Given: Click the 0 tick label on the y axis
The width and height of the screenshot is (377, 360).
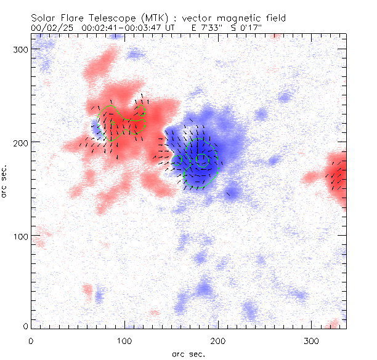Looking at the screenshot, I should point(24,325).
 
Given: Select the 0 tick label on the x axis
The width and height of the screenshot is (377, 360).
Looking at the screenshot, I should point(31,340).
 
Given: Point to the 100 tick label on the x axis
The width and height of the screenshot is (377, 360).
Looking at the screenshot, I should point(124,340).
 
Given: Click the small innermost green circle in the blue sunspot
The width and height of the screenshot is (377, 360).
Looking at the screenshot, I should point(202,159).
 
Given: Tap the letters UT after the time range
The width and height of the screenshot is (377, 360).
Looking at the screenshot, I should point(170,28).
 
